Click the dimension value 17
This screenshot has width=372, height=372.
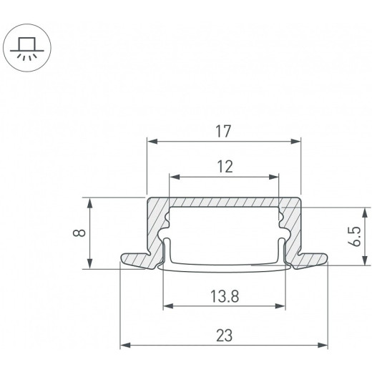223,131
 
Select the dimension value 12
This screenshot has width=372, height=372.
225,167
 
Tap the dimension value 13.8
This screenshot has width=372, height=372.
225,296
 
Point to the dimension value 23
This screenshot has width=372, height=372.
225,336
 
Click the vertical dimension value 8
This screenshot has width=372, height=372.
79,232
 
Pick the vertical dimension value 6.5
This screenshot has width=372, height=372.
355,236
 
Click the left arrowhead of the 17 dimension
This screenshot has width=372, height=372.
152,142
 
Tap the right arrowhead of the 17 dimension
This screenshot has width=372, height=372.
295,142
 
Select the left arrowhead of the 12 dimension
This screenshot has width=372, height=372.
175,177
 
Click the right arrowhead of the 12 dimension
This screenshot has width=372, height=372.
273,177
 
